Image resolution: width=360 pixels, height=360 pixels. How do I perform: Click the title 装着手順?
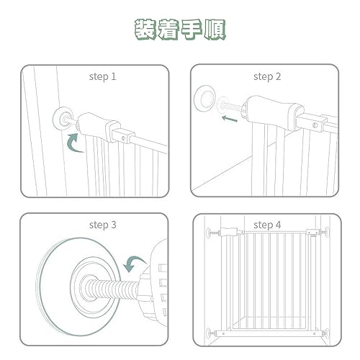180,30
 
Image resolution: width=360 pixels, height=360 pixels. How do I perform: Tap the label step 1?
102,77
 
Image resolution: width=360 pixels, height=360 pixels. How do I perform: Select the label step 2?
267,77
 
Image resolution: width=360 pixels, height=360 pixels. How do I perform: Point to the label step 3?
102,225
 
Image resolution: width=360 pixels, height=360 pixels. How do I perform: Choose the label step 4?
267,225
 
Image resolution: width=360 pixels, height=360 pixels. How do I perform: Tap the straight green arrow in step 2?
230,118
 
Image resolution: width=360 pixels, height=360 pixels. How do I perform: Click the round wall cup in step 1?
63,118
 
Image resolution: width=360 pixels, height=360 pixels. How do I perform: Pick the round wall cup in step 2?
204,99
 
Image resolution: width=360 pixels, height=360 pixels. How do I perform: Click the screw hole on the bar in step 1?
123,138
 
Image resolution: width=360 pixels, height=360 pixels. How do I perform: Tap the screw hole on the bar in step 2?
315,125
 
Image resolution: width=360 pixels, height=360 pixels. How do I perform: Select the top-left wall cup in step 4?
209,233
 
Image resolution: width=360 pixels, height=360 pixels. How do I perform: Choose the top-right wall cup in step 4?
327,233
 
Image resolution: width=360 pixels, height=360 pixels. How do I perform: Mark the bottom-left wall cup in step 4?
209,333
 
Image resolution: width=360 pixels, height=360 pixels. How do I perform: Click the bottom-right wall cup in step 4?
326,333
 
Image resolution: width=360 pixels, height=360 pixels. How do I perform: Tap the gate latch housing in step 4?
312,233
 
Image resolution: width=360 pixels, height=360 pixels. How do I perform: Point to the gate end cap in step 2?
272,112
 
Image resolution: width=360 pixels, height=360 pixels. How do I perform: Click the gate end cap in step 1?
99,127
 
